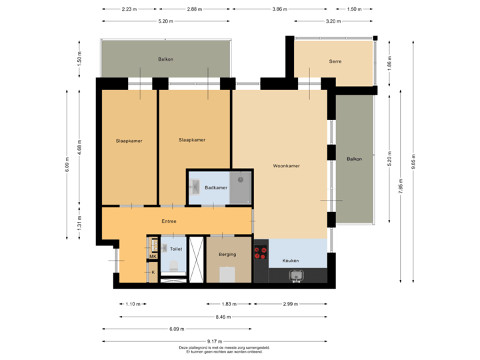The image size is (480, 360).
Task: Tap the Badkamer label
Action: [x=216, y=188]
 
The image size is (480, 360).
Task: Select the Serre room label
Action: [x=335, y=61]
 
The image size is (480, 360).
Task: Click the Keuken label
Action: [x=291, y=260]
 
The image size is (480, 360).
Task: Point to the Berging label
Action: [x=227, y=254]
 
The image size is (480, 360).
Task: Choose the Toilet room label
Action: [x=176, y=248]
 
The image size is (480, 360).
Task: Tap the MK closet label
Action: [x=153, y=257]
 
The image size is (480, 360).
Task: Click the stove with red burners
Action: [x=261, y=253]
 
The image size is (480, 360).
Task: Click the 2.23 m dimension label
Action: [x=129, y=9]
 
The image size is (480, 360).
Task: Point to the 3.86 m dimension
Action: [x=281, y=9]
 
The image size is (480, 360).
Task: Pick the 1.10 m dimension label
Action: [x=133, y=304]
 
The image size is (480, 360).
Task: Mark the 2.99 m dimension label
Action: [x=291, y=304]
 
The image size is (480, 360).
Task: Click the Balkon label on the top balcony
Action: [x=166, y=59]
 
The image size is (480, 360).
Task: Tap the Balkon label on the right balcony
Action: [x=355, y=159]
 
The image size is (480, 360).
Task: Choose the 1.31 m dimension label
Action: [x=79, y=222]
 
